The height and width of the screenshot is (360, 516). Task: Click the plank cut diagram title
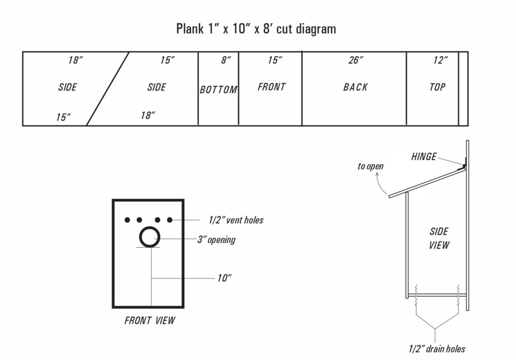click(256, 29)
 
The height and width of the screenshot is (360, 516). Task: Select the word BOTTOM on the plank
click(218, 90)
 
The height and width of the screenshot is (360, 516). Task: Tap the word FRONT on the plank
click(272, 87)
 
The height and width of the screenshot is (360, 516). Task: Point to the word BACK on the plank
click(355, 87)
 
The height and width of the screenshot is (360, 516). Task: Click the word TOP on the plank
click(437, 87)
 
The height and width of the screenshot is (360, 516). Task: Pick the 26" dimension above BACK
click(356, 60)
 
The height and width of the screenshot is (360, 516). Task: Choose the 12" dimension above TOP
click(440, 60)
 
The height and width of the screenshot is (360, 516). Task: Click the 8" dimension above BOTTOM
click(226, 60)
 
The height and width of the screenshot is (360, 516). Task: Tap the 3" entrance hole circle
click(150, 237)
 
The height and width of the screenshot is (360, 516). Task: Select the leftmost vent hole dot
click(127, 220)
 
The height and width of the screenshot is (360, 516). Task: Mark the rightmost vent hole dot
click(170, 220)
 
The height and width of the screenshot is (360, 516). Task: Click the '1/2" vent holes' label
click(236, 220)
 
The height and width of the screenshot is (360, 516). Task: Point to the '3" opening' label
click(216, 240)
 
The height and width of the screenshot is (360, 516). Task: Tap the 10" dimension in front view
click(224, 278)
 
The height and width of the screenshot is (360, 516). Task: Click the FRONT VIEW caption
click(150, 320)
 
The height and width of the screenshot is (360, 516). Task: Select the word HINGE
click(424, 157)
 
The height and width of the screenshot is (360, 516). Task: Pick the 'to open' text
click(370, 166)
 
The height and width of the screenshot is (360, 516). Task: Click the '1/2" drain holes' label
click(437, 348)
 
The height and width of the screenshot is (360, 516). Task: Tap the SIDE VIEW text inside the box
click(439, 239)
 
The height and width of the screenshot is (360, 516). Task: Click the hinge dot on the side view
click(464, 166)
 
